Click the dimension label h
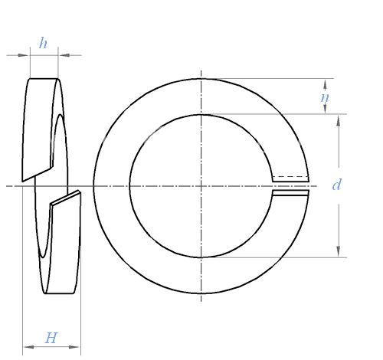tap(43, 43)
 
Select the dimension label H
tap(51, 338)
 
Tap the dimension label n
tap(325, 97)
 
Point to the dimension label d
tap(336, 185)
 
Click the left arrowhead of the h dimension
tap(23, 55)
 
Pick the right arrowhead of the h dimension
tap(64, 55)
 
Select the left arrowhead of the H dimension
tap(29, 347)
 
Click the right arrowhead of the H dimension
tap(74, 347)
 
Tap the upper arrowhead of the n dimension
tap(325, 84)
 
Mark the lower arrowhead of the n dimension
tap(325, 109)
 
